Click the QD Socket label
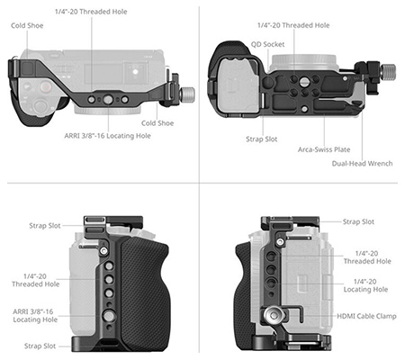267,44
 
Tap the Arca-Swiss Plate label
324,149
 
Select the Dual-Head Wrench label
362,164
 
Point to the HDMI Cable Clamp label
366,316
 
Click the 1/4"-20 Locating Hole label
365,285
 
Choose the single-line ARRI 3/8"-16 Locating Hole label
107,136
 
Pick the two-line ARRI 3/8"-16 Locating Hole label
35,316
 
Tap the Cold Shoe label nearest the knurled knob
157,123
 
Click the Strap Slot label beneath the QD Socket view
262,139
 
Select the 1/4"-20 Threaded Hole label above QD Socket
293,25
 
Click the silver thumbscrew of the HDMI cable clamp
272,315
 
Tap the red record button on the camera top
45,87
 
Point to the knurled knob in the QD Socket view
388,71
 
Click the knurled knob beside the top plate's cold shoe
187,94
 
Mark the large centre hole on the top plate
108,100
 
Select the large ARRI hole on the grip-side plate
109,315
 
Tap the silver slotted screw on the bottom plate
305,81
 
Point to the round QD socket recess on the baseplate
267,82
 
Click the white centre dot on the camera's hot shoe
135,72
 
